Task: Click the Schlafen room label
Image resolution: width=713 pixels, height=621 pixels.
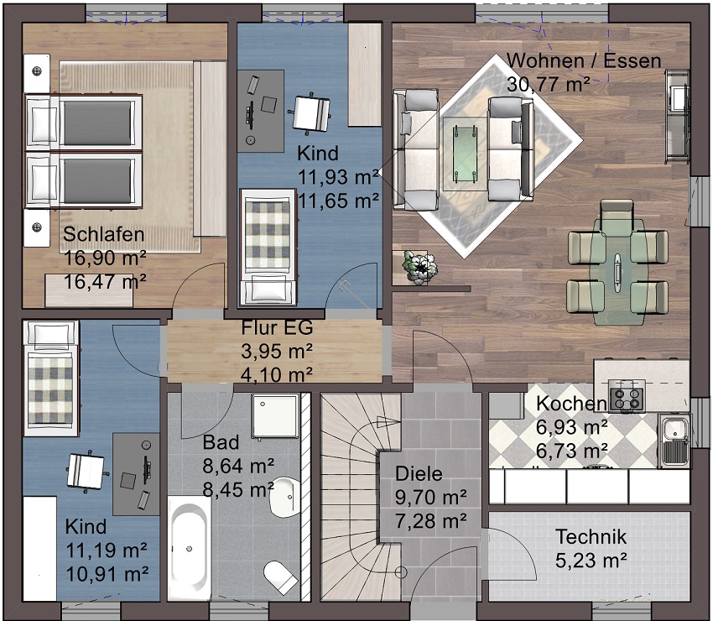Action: (x=104, y=234)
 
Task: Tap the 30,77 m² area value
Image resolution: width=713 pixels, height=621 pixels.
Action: (x=549, y=85)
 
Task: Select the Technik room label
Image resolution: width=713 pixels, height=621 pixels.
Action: (x=591, y=537)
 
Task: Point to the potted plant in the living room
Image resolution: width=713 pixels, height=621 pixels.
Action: (x=419, y=267)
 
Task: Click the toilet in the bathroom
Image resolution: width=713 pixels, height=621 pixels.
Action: (x=280, y=577)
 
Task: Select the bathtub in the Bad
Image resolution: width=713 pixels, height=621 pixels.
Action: (x=190, y=549)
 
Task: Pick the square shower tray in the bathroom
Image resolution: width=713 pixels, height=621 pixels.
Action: (x=276, y=417)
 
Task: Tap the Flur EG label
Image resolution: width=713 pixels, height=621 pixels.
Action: (x=277, y=327)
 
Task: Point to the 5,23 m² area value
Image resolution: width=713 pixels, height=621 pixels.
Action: (x=591, y=561)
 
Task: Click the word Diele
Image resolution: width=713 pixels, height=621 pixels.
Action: (x=419, y=474)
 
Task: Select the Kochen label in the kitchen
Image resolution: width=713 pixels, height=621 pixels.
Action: (x=571, y=404)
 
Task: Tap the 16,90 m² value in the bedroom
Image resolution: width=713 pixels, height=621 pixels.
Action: (x=105, y=258)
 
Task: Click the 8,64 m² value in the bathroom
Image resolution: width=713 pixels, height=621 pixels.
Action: (x=238, y=467)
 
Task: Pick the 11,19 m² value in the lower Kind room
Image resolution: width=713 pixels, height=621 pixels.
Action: (x=107, y=551)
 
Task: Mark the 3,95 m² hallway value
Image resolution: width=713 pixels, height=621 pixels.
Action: (x=277, y=352)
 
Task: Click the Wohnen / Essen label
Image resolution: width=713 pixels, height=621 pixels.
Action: (x=584, y=61)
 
